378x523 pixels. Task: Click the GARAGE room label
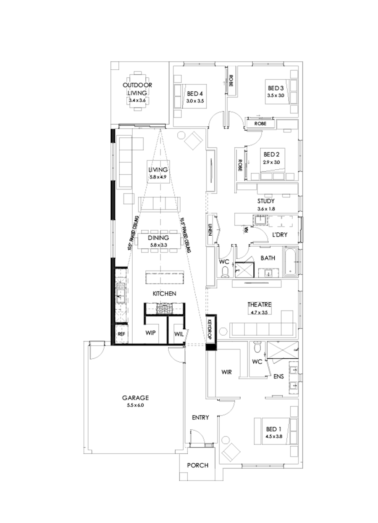[136, 397]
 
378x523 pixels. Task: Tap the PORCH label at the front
[197, 465]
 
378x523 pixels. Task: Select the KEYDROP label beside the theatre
[210, 328]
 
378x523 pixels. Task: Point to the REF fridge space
[121, 334]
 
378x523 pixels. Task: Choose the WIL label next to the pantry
[178, 334]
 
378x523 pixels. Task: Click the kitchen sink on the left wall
[120, 290]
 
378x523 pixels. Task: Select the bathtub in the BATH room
[290, 263]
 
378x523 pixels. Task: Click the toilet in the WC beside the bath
[225, 272]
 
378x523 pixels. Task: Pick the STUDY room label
[266, 201]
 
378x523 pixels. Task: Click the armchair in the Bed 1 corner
[230, 452]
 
